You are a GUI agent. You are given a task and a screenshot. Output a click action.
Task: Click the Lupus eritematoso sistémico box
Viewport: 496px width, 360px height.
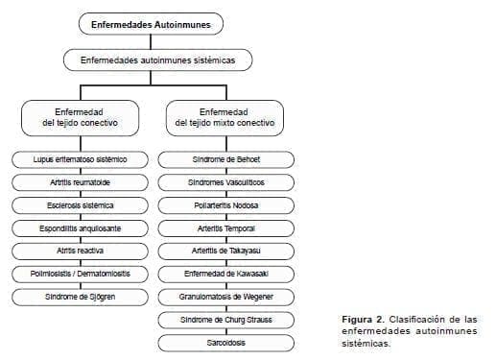pyautogui.click(x=81, y=158)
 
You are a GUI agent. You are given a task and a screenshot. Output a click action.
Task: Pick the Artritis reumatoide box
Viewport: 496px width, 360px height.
pyautogui.click(x=81, y=181)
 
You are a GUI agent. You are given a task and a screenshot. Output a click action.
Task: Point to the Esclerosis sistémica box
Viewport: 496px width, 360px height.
pyautogui.click(x=81, y=204)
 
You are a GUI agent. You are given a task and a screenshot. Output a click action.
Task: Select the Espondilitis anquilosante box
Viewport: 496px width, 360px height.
pyautogui.click(x=81, y=228)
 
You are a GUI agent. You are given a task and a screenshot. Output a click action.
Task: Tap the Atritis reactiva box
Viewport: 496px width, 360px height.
pyautogui.click(x=81, y=251)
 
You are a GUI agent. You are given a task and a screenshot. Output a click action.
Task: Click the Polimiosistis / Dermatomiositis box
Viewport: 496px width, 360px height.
pyautogui.click(x=81, y=274)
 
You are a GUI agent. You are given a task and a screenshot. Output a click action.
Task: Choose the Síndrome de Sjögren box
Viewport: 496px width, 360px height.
pyautogui.click(x=81, y=297)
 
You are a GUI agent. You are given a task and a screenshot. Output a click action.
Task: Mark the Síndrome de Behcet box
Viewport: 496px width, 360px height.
pyautogui.click(x=226, y=158)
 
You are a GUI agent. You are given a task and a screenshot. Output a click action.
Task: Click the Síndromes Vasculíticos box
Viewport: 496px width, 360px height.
pyautogui.click(x=226, y=181)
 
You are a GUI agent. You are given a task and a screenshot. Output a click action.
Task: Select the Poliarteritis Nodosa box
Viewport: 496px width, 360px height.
pyautogui.click(x=226, y=204)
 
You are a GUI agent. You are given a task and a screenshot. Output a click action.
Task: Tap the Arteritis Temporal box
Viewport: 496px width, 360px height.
pyautogui.click(x=226, y=228)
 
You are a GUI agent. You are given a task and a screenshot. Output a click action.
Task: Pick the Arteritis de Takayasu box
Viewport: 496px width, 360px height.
pyautogui.click(x=226, y=251)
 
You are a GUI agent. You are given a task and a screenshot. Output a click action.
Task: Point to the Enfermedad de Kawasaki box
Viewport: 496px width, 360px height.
pyautogui.click(x=226, y=274)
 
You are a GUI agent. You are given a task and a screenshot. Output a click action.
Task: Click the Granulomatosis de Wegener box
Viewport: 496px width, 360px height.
pyautogui.click(x=226, y=297)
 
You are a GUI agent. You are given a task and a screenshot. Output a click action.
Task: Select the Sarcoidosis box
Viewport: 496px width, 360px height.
pyautogui.click(x=226, y=342)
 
